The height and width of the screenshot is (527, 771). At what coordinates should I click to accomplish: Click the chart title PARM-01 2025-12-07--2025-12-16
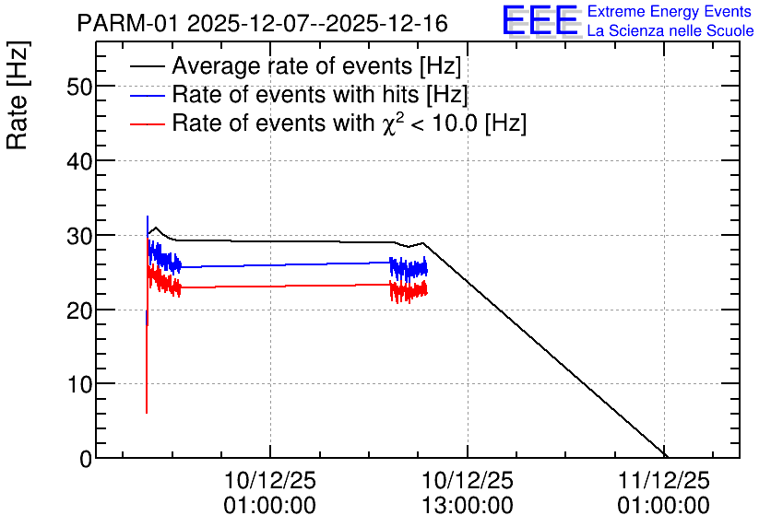coord(262,23)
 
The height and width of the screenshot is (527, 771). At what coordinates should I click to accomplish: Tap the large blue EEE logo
coord(540,20)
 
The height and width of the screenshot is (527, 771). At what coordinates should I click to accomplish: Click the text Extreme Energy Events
coord(670,11)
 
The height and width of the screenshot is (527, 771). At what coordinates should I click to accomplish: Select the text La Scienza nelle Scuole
coord(670,31)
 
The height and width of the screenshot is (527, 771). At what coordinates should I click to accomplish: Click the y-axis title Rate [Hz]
coord(18,95)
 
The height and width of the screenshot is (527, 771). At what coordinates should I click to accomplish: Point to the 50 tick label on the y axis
coord(79,87)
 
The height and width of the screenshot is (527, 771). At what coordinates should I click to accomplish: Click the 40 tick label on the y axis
coord(79,161)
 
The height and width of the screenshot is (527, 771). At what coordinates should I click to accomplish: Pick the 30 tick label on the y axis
coord(79,236)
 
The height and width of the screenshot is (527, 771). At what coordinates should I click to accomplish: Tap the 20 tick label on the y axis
coord(79,310)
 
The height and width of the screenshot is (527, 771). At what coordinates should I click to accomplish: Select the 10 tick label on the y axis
coord(79,384)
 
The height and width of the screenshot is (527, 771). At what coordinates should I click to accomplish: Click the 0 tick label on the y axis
coord(86,459)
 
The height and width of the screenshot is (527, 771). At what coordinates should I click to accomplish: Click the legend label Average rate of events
coord(316,65)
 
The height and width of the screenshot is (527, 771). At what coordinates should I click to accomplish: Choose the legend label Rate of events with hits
coord(320,94)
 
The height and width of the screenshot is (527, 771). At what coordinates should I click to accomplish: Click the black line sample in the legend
coord(147,66)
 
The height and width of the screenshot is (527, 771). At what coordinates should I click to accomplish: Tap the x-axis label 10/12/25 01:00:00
coord(270,493)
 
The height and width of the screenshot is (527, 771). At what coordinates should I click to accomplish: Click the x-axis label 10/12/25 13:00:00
coord(468,493)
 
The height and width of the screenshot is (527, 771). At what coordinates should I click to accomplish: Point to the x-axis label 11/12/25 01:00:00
coord(664,493)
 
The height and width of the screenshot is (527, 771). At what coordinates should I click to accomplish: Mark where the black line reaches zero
coord(665,457)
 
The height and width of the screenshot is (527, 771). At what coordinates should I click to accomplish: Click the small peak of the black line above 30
coord(156,228)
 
